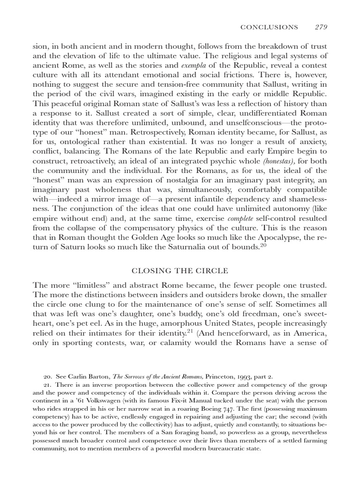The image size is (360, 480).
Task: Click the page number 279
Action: point(320,27)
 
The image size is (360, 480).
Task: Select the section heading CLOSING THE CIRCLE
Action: point(180,270)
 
